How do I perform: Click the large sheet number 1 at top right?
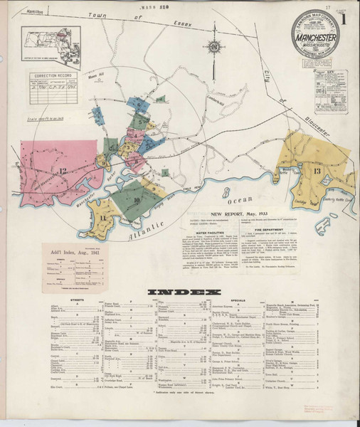click(x=344, y=31)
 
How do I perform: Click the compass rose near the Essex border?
click(x=214, y=47)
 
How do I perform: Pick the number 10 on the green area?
click(x=136, y=201)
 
